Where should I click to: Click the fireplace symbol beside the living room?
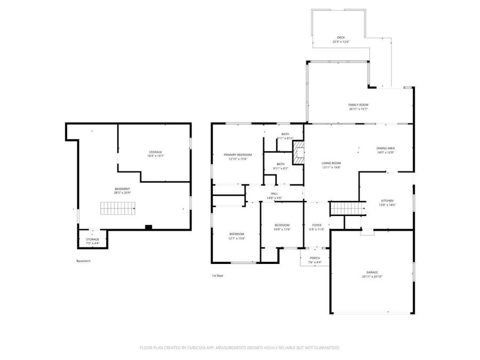[x=300, y=153]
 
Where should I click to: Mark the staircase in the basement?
[x=118, y=209]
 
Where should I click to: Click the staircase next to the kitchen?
[x=347, y=209]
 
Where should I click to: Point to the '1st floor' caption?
[x=218, y=276]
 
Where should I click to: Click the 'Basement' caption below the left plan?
[x=83, y=261]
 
